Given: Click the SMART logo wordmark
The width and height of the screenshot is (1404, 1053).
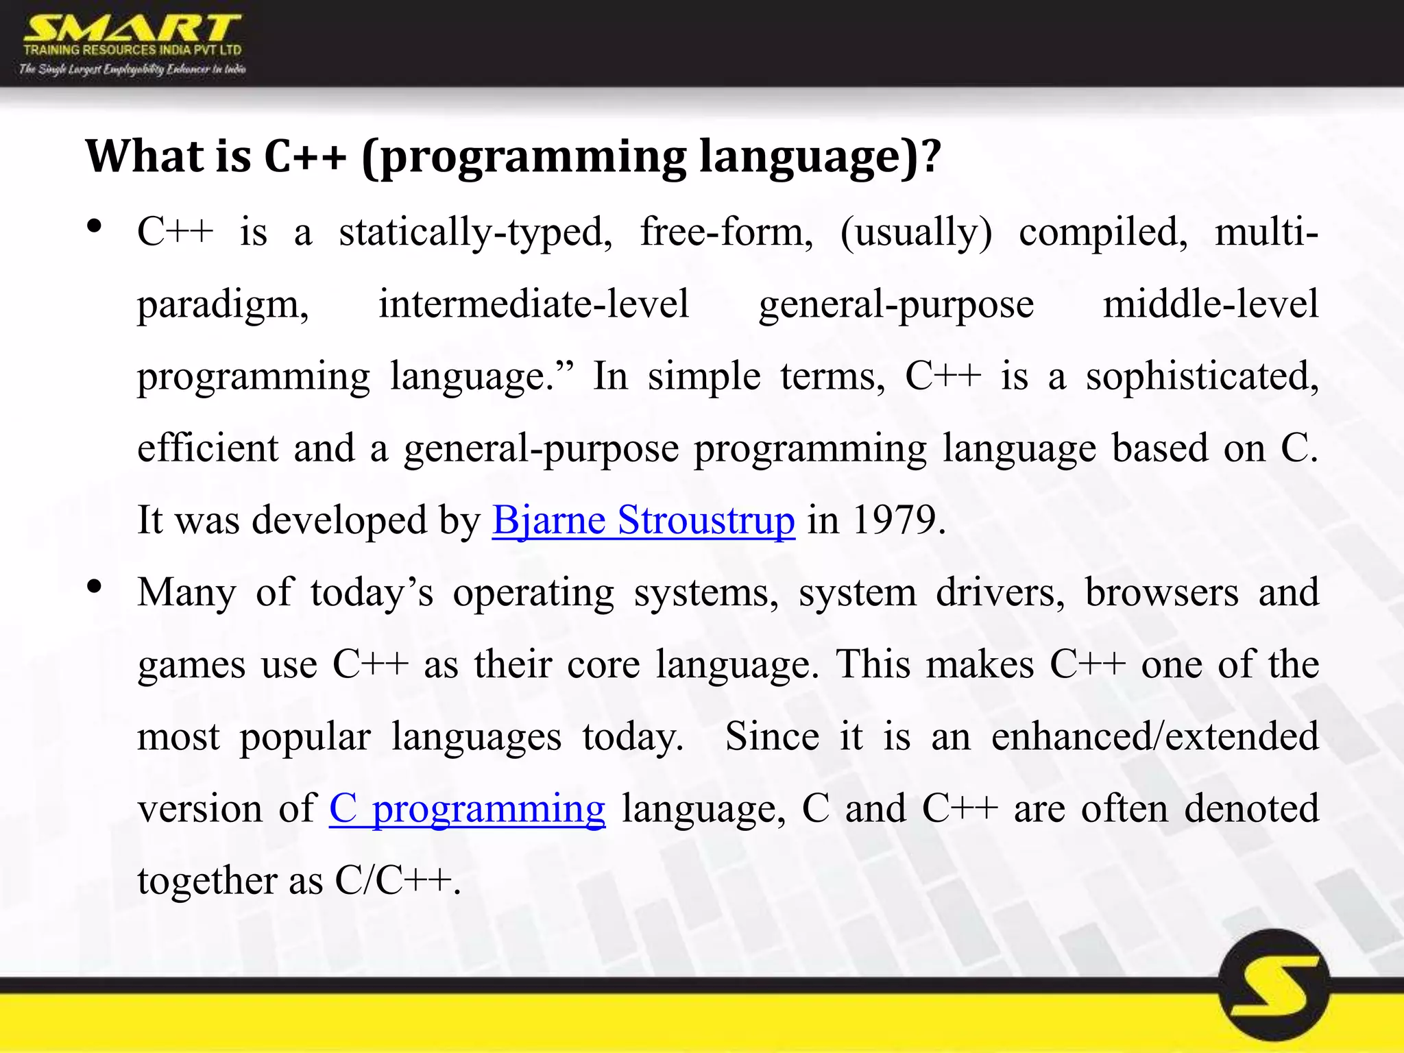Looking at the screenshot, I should pos(132,29).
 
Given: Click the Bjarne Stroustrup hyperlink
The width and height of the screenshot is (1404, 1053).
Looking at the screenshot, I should pos(643,520).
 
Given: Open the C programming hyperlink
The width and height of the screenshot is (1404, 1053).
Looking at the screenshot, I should pos(467,808).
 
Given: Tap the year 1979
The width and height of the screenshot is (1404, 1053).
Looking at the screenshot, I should pos(894,520).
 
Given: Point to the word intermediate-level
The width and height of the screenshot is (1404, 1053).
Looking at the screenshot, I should pos(533,304).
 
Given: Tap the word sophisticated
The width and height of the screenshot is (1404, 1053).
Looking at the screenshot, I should pos(1201,376).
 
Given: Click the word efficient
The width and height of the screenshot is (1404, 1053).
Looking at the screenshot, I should pos(208,448).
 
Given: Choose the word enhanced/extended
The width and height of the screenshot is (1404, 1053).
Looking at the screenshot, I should pos(1154,736).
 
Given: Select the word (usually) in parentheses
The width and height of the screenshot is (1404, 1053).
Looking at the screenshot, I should pos(916,232).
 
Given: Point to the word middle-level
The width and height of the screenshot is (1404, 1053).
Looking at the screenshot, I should pos(1210,304).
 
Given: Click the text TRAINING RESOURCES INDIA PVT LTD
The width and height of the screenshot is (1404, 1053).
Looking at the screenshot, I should pos(132,50).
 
